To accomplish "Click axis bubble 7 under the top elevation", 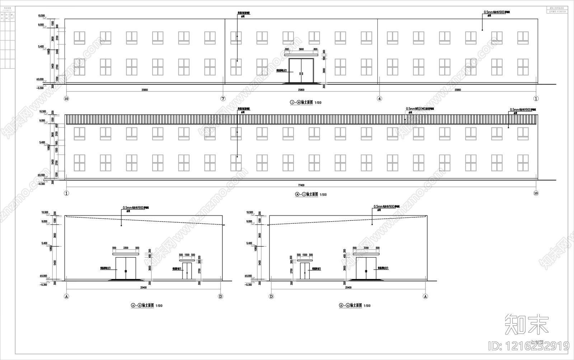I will (x=223, y=99).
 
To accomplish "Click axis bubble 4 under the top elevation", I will (x=380, y=99).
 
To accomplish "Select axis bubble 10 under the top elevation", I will (x=66, y=99).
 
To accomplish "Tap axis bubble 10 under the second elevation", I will (x=536, y=193).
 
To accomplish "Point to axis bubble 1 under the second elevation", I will (x=66, y=193).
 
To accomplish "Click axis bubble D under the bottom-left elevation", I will (x=221, y=297).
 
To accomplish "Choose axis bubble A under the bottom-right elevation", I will (x=425, y=297).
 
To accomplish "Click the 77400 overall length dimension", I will (x=301, y=185).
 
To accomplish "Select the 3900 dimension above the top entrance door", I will (x=301, y=49).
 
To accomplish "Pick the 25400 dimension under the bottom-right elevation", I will (x=348, y=288).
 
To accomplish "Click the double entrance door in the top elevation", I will (x=301, y=71).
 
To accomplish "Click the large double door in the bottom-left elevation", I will (x=126, y=268).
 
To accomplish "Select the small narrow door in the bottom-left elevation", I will (x=187, y=271).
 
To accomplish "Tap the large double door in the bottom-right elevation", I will (x=366, y=268).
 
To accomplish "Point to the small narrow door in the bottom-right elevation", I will (x=305, y=271).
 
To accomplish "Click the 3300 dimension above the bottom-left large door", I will (x=126, y=248).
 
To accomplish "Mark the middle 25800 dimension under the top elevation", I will (x=301, y=90).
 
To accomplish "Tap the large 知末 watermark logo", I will (x=527, y=324).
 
